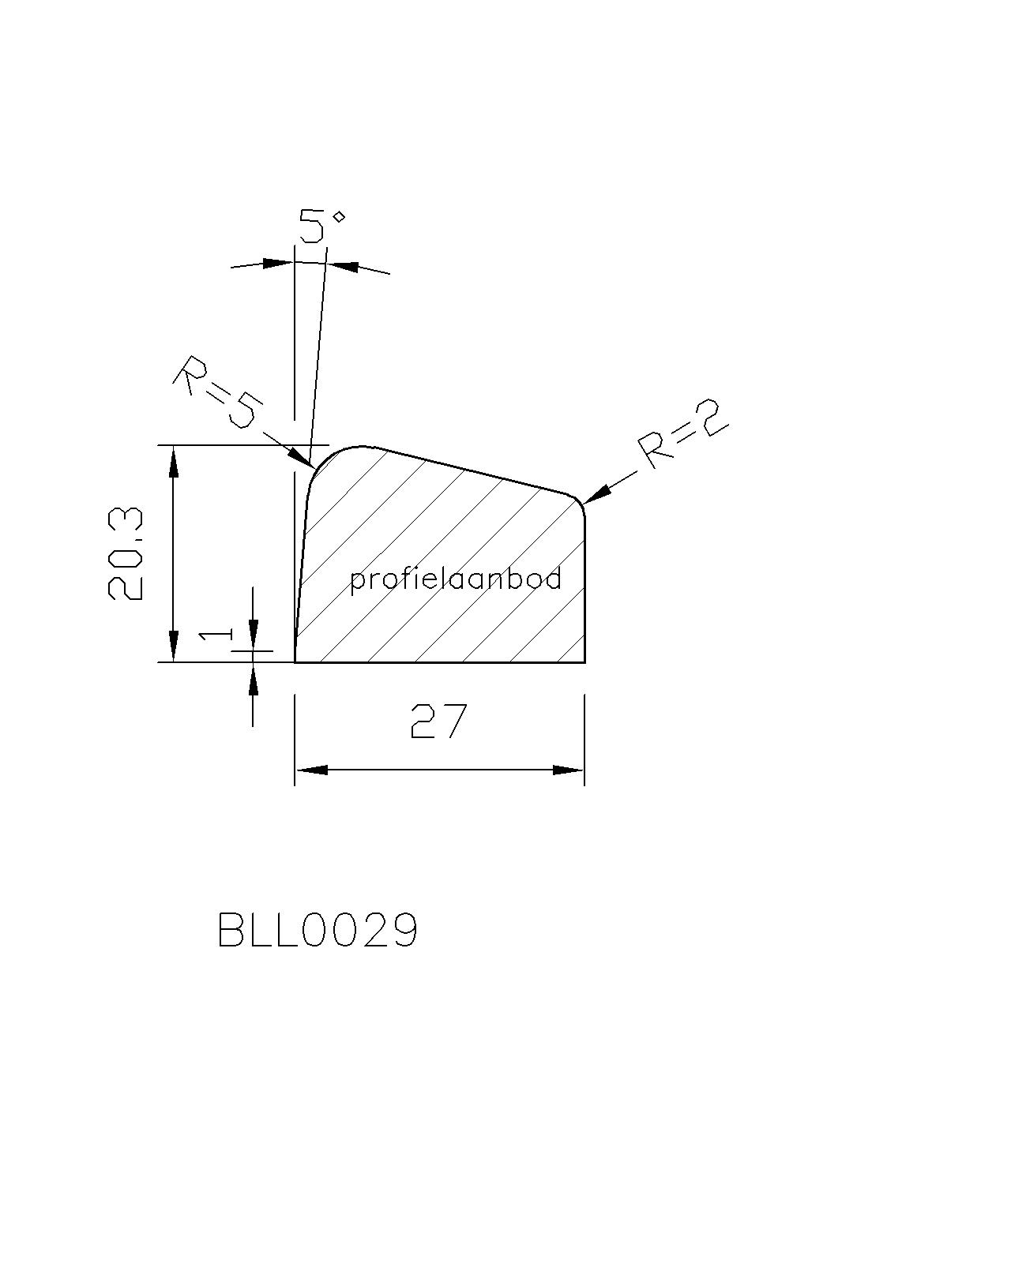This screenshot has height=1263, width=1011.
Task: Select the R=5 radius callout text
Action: click(x=215, y=392)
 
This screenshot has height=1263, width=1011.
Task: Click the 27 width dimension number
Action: click(x=438, y=721)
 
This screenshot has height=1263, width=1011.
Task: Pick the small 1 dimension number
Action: click(x=216, y=635)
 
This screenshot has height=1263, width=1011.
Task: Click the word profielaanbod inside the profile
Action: click(x=456, y=580)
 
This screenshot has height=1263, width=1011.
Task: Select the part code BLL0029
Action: click(x=318, y=930)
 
